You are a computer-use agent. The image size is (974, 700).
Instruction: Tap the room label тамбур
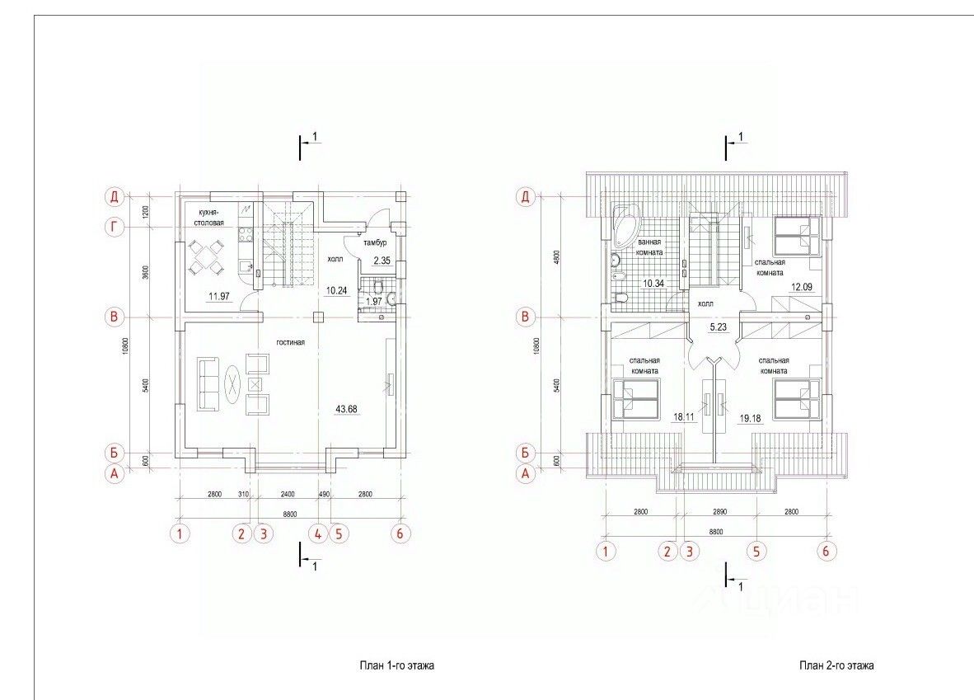coord(375,242)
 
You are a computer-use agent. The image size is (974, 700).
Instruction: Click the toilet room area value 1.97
coord(374,302)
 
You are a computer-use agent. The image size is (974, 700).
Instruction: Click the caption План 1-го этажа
coord(396,665)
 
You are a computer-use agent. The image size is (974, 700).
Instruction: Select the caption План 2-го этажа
coord(836,665)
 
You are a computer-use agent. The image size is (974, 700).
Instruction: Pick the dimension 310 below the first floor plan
coord(243,495)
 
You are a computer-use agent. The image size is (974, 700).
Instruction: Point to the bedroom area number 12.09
coord(801,287)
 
